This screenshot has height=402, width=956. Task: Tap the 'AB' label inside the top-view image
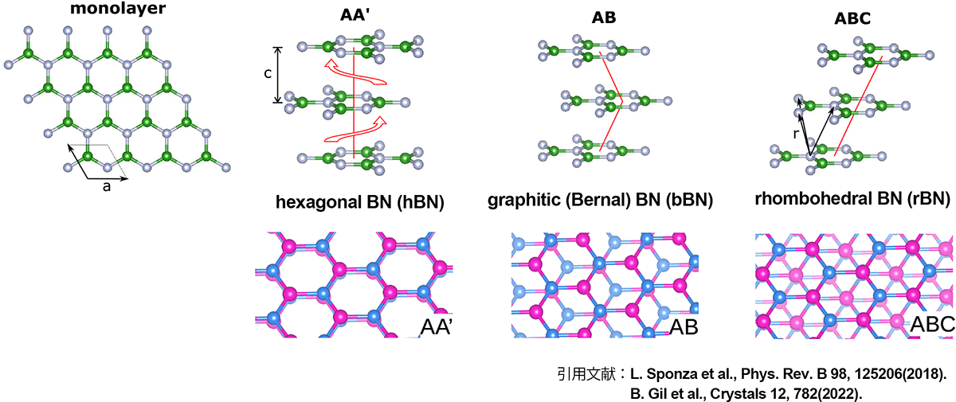(x=684, y=326)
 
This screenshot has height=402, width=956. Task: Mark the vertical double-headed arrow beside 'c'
(x=277, y=75)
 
